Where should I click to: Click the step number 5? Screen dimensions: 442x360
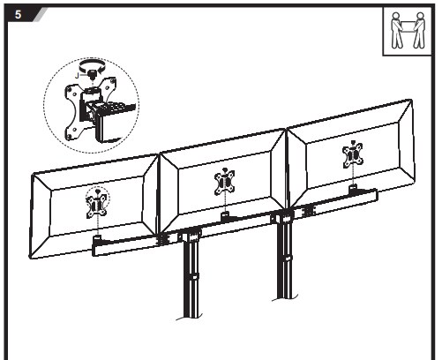point(19,14)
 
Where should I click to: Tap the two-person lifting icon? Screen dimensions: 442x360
point(408,31)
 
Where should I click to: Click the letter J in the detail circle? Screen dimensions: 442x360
point(77,76)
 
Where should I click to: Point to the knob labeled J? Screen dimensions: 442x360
point(92,73)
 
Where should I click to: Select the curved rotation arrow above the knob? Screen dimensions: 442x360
point(93,64)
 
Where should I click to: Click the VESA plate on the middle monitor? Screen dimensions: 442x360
point(224,184)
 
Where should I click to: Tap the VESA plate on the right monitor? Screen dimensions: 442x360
point(353,156)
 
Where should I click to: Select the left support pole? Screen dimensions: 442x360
point(191,276)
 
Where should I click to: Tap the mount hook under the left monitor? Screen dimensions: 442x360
point(97,237)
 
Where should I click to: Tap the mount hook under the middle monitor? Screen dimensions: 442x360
point(226,215)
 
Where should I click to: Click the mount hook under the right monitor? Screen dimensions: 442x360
point(353,189)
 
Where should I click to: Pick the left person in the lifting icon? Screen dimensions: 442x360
point(397,30)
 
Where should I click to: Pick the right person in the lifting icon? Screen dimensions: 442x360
point(419,30)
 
